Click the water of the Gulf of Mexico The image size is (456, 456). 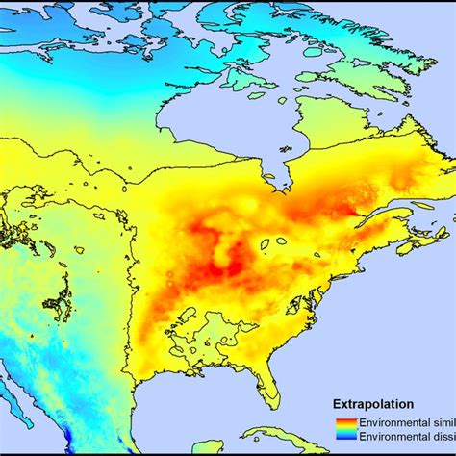point(192,404)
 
